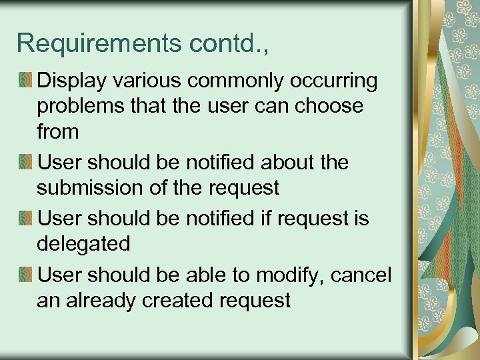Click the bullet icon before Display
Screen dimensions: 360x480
tap(26, 81)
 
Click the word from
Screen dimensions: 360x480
tap(58, 131)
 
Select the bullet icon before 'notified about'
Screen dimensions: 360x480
tap(26, 162)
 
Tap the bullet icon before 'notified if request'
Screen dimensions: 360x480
tap(26, 218)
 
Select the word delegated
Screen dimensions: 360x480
tap(83, 243)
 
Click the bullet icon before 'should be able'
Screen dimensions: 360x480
tap(26, 274)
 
